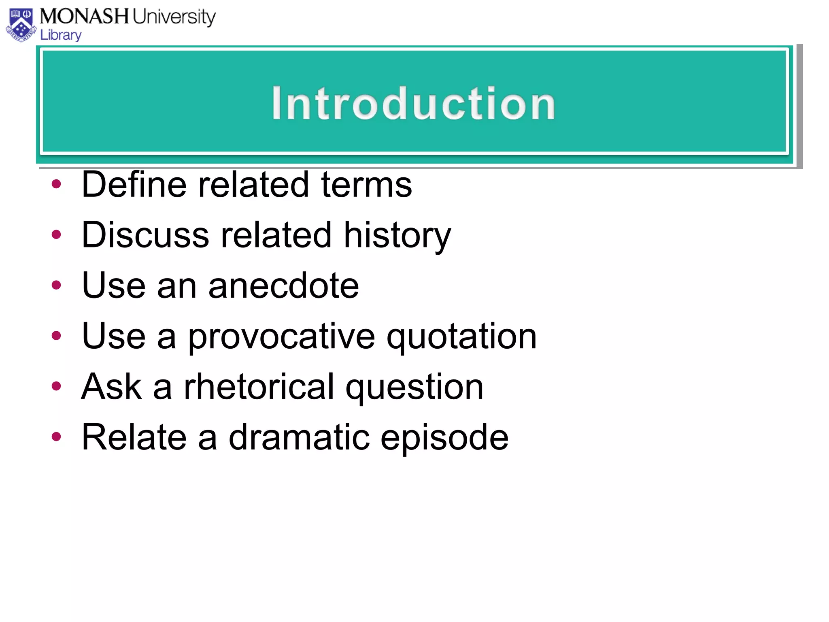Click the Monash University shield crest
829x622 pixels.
point(21,25)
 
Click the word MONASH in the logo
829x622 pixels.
point(84,17)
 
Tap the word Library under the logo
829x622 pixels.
point(61,35)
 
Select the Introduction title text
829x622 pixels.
point(413,104)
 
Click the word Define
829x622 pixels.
point(134,185)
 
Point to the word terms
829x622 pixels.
point(366,185)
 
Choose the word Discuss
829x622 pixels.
point(145,235)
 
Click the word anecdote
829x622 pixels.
point(283,285)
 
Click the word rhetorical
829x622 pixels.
point(259,387)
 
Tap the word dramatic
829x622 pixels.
point(299,437)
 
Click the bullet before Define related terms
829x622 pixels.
point(56,184)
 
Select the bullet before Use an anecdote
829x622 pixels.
point(56,285)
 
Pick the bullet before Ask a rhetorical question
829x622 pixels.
point(56,386)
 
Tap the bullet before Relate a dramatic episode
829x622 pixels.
point(56,437)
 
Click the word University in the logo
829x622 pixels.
point(174,17)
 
